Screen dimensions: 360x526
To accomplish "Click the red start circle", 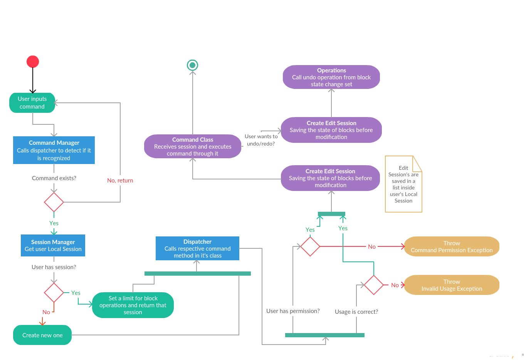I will coord(33,62).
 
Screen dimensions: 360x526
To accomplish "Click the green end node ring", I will coord(192,65).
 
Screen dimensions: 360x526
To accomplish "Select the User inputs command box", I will coord(32,103).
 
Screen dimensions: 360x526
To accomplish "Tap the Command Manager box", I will coord(54,150).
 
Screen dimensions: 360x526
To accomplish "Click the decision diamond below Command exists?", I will coord(54,202).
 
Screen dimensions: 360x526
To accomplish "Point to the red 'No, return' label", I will coord(120,180).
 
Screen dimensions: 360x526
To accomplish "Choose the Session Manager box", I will coord(53,245).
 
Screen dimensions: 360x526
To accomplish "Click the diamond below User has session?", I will coord(54,293).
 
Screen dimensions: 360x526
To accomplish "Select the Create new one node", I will coord(42,335).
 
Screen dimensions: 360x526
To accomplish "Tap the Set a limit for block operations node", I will coord(133,305).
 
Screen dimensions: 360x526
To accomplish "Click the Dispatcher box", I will coord(197,248).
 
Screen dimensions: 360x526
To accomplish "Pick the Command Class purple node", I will coord(193,146).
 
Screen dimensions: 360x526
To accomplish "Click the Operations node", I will coord(331,77).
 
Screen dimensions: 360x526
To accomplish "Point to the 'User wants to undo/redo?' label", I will coord(261,140).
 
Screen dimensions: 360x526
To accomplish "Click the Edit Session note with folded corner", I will coord(403,184).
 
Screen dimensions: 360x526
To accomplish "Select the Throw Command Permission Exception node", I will coord(452,246).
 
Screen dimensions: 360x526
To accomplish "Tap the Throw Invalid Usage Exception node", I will coord(452,285).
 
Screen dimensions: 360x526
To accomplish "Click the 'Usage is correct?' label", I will coord(356,311).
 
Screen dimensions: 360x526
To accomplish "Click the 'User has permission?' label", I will coord(293,311).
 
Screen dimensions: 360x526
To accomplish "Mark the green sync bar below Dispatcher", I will coord(197,273).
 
